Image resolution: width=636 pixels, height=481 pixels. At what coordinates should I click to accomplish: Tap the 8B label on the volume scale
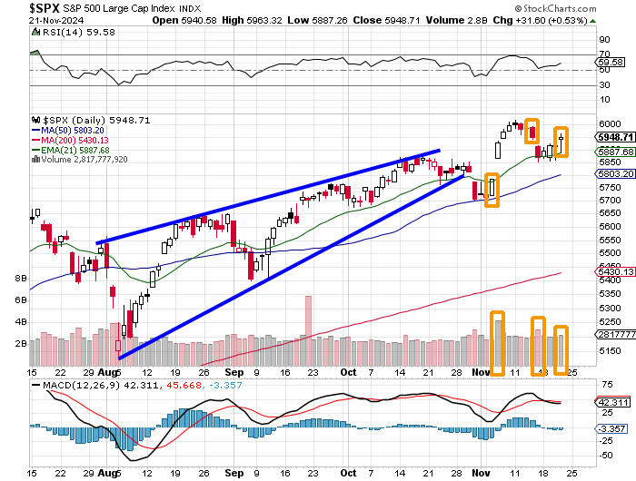(19, 279)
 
